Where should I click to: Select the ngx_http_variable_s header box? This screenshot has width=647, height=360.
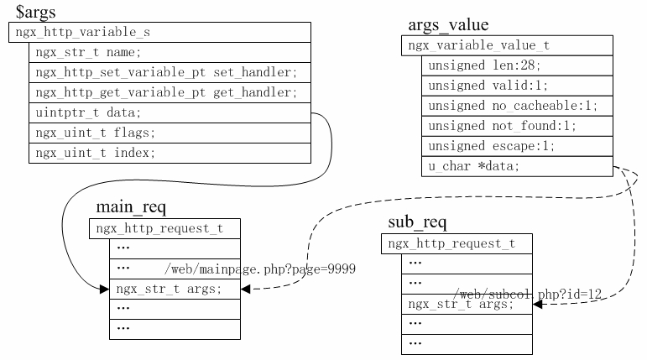(x=161, y=33)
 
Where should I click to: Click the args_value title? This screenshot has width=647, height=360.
(x=448, y=25)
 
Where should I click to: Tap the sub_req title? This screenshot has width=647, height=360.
(x=418, y=223)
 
